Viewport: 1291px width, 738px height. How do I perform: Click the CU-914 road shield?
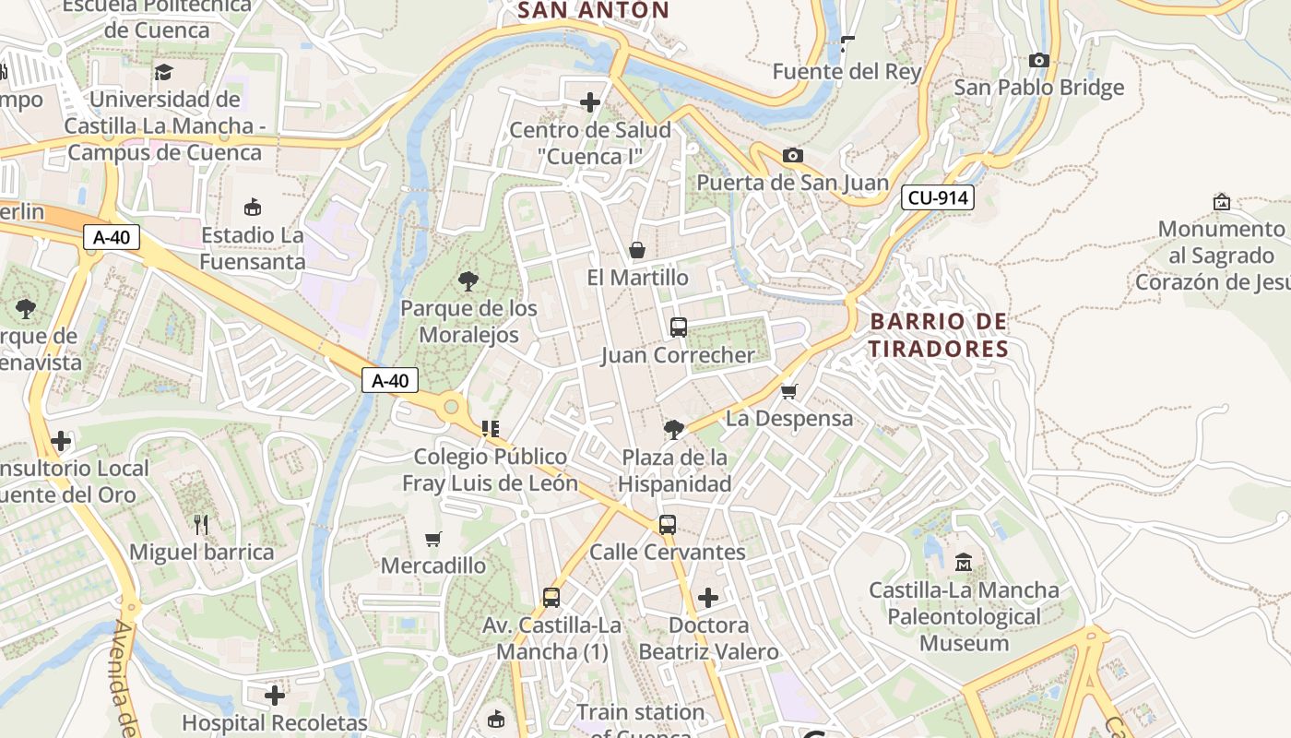pyautogui.click(x=937, y=197)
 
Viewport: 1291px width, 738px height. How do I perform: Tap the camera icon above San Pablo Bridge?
pyautogui.click(x=1039, y=60)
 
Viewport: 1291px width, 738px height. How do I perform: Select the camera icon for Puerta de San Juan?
pyautogui.click(x=792, y=155)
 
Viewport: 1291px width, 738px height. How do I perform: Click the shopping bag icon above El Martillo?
pyautogui.click(x=636, y=250)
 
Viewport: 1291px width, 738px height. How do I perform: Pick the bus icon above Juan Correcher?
pyautogui.click(x=678, y=327)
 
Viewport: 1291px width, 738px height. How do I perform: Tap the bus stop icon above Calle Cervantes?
pyautogui.click(x=667, y=524)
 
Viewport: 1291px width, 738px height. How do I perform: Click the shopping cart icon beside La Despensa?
pyautogui.click(x=788, y=391)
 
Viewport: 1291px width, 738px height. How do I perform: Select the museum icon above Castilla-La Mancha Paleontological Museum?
pyautogui.click(x=964, y=562)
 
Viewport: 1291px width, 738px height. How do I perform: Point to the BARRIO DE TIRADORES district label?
pyautogui.click(x=939, y=335)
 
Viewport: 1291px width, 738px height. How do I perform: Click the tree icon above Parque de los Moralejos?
pyautogui.click(x=468, y=281)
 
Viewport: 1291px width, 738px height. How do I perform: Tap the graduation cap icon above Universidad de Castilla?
pyautogui.click(x=164, y=72)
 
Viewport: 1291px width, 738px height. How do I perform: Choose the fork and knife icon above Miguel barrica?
pyautogui.click(x=201, y=525)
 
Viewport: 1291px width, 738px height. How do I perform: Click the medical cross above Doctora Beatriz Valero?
pyautogui.click(x=708, y=598)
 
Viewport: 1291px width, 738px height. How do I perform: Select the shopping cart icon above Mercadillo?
pyautogui.click(x=432, y=538)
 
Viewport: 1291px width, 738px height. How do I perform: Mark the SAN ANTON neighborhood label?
pyautogui.click(x=593, y=10)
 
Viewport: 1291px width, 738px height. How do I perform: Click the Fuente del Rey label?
pyautogui.click(x=847, y=71)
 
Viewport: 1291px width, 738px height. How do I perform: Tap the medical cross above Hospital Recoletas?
pyautogui.click(x=275, y=695)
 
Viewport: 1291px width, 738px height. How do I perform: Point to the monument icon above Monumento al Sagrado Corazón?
pyautogui.click(x=1222, y=201)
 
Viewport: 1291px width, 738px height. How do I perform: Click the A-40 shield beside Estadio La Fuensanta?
pyautogui.click(x=112, y=237)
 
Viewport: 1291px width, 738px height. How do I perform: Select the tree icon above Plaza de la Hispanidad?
pyautogui.click(x=674, y=429)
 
